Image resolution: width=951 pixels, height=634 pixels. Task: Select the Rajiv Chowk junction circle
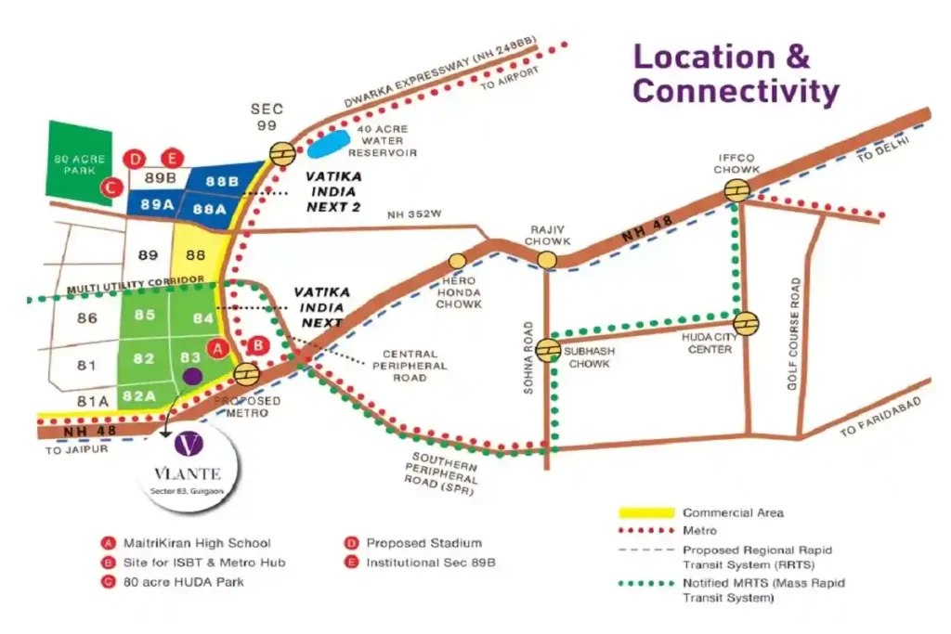pos(547,259)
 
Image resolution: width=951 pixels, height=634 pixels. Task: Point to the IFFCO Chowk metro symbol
pos(738,191)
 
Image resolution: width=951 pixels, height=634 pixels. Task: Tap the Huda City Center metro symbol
pos(746,322)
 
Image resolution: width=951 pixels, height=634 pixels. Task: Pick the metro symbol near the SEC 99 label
pos(282,151)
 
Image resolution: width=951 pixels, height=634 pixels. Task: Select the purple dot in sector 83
pos(193,376)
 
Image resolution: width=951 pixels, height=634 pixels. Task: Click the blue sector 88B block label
pos(223,181)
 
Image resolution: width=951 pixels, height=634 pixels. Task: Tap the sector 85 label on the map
pos(145,315)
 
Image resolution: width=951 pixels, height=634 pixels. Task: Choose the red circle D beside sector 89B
pos(137,158)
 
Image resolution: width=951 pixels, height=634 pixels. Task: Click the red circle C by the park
pos(111,187)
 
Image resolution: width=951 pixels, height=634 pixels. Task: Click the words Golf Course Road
pos(795,331)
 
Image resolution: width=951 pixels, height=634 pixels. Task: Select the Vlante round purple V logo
pos(189,445)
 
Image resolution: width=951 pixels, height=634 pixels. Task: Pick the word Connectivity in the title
pos(736,91)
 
